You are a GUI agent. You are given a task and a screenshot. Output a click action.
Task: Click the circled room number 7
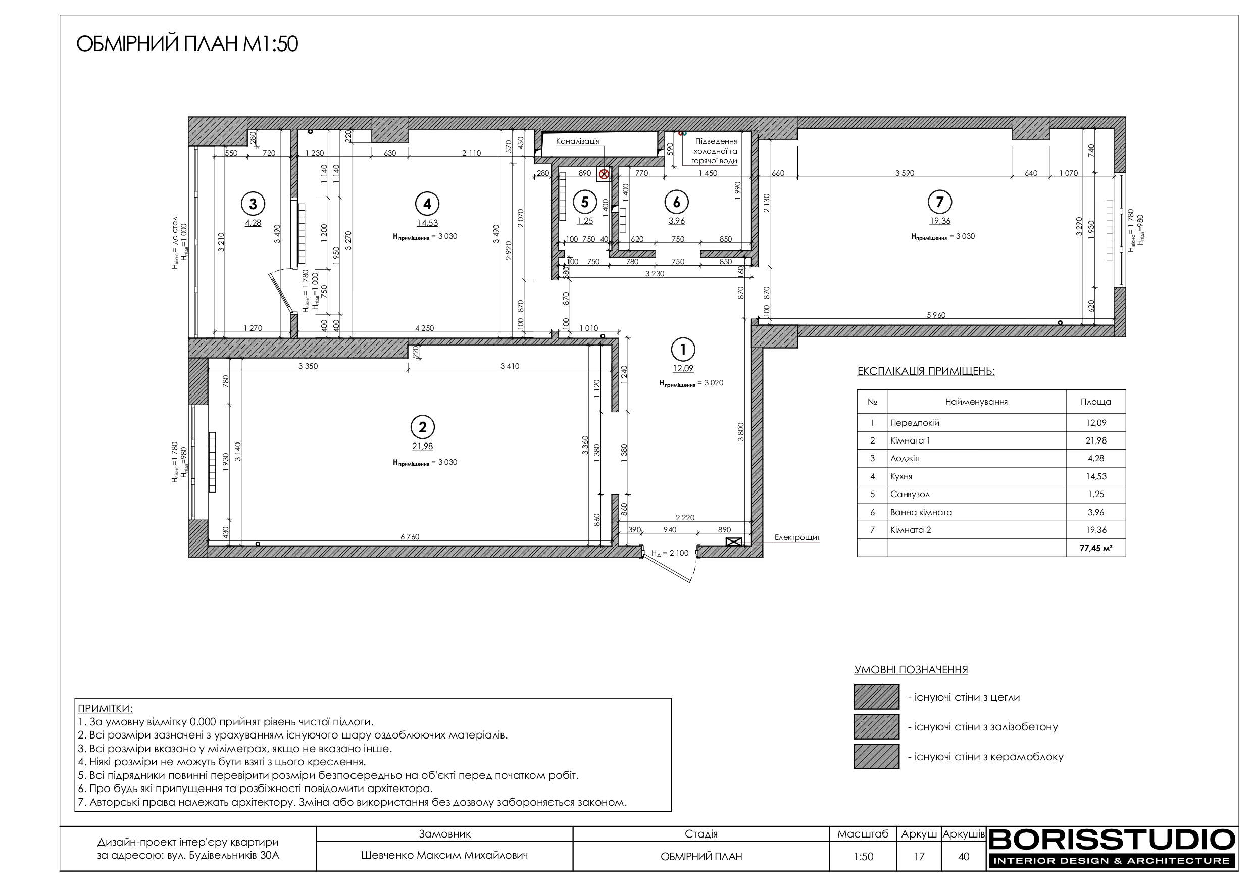pyautogui.click(x=939, y=202)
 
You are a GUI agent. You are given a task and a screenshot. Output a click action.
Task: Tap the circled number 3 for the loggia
pyautogui.click(x=253, y=204)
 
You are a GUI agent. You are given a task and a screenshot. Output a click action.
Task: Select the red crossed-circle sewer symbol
pyautogui.click(x=604, y=174)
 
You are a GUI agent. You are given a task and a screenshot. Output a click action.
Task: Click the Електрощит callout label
pyautogui.click(x=797, y=538)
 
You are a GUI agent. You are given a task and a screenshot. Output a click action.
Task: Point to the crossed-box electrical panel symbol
pyautogui.click(x=733, y=542)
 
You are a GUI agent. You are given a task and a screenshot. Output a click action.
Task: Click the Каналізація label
pyautogui.click(x=577, y=141)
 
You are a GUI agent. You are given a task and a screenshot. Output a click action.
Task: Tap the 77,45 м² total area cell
pyautogui.click(x=1096, y=548)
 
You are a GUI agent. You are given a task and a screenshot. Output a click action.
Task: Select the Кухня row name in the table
pyautogui.click(x=901, y=476)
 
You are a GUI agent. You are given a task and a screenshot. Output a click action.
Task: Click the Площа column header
pyautogui.click(x=1096, y=402)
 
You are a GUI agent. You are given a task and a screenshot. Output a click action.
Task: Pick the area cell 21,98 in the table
pyautogui.click(x=1096, y=440)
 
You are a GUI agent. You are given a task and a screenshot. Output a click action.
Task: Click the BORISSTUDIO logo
pyautogui.click(x=1112, y=848)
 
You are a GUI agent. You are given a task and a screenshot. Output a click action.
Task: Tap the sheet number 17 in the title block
pyautogui.click(x=919, y=856)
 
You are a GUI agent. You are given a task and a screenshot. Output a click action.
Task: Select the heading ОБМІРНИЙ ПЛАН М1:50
pyautogui.click(x=187, y=44)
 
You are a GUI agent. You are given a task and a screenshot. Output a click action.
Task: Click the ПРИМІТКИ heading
pyautogui.click(x=105, y=709)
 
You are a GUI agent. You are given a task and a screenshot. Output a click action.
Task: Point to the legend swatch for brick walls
pyautogui.click(x=876, y=697)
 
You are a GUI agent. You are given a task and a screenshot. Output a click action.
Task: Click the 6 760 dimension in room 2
pyautogui.click(x=410, y=536)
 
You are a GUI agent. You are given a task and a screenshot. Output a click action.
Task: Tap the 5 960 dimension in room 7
pyautogui.click(x=936, y=315)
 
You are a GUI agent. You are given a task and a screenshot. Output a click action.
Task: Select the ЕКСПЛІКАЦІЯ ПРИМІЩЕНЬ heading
pyautogui.click(x=926, y=372)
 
